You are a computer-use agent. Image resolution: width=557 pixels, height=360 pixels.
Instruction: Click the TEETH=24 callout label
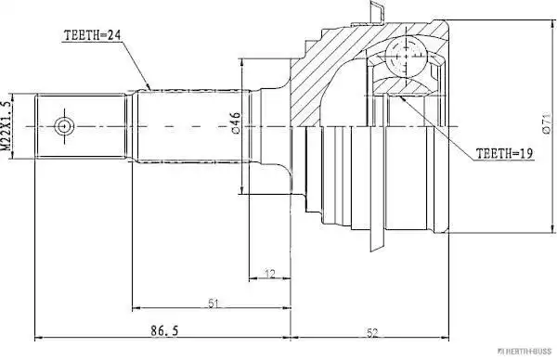coord(92,35)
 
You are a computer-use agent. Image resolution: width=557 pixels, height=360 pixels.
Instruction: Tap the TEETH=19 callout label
coord(504,153)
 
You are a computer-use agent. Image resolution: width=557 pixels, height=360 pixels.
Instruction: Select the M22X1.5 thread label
coord(6,125)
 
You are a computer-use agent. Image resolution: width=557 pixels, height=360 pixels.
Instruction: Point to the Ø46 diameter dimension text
coord(236,122)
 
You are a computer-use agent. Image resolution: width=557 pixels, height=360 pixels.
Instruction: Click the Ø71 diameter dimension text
coord(546,122)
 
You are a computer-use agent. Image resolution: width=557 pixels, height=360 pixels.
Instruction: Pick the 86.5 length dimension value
coord(164,331)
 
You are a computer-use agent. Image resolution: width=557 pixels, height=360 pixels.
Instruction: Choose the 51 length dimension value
coord(214,303)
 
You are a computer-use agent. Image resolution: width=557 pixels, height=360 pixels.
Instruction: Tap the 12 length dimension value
coord(270,274)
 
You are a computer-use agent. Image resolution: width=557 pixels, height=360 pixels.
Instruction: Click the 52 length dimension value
coord(372,333)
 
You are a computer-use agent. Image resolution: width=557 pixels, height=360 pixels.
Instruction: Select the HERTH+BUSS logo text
coord(525,352)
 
